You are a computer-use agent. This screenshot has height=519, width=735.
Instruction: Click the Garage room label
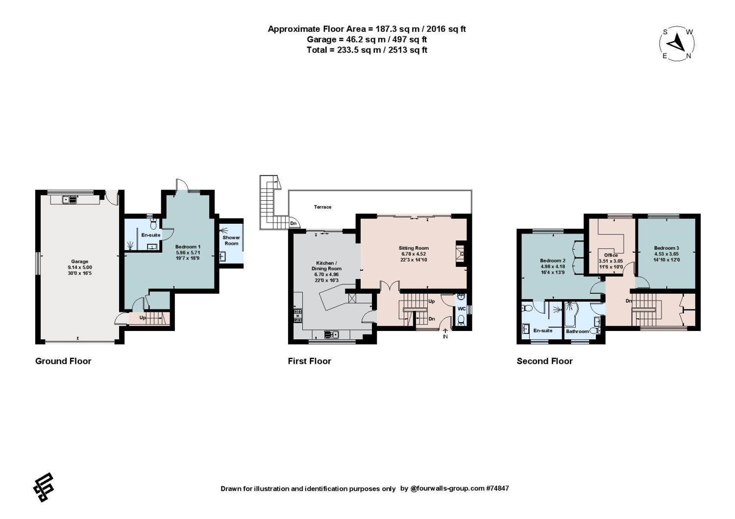point(80,261)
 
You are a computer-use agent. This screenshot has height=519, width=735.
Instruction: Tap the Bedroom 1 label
point(188,247)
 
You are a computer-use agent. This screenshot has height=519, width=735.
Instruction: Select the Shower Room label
point(231,240)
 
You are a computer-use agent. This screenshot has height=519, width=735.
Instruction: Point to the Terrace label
point(322,207)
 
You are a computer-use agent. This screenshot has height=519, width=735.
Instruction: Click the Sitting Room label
point(414,248)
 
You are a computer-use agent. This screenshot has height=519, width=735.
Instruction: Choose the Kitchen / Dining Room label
point(326,265)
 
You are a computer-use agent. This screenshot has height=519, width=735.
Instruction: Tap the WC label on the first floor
point(462,308)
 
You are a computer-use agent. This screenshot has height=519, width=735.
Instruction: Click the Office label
point(611,255)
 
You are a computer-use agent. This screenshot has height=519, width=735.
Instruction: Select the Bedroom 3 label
point(666,248)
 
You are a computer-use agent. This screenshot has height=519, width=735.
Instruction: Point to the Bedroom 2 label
point(553,260)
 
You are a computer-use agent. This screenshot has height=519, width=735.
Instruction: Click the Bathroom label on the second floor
point(577,331)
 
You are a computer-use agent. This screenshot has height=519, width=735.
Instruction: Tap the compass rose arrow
point(676,44)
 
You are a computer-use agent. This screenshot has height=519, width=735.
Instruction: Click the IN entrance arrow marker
point(445,334)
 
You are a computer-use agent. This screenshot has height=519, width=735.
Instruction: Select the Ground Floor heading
point(63,361)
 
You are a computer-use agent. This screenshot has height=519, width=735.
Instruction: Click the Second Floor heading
point(545,361)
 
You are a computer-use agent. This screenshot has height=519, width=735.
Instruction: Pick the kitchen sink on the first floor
point(331,334)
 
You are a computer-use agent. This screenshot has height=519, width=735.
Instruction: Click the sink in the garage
point(70,199)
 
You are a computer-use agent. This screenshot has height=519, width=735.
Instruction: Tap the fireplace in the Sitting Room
point(461,254)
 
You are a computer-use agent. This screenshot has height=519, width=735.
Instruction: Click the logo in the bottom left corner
point(44,487)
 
